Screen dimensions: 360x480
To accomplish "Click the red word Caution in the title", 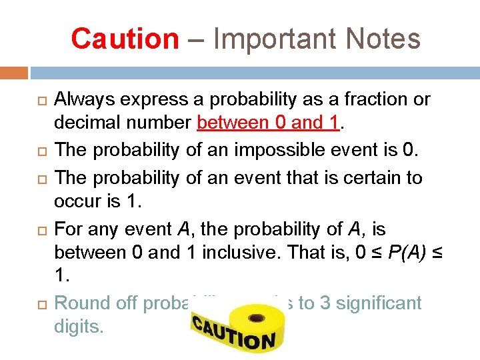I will coord(125,39).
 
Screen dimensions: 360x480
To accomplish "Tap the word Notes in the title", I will coord(383,39).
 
